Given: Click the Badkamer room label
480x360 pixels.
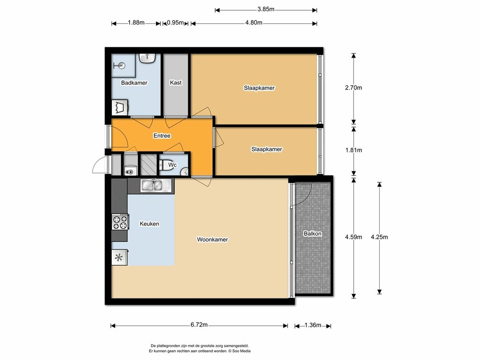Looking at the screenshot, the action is pyautogui.click(x=134, y=82).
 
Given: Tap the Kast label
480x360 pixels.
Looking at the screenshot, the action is pyautogui.click(x=176, y=82).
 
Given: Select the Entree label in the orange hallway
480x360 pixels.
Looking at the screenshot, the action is pyautogui.click(x=162, y=135).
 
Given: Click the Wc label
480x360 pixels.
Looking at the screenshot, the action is pyautogui.click(x=172, y=165).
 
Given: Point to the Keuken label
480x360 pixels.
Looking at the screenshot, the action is pyautogui.click(x=150, y=224).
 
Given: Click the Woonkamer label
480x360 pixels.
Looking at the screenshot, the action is pyautogui.click(x=212, y=240).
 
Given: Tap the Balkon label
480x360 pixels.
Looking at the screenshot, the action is pyautogui.click(x=313, y=233).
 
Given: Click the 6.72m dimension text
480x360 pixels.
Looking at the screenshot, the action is pyautogui.click(x=199, y=325).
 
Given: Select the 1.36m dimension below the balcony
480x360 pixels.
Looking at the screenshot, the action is pyautogui.click(x=313, y=325).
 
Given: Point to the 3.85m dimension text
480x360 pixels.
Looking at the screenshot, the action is pyautogui.click(x=266, y=9).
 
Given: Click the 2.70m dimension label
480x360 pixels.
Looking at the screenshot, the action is pyautogui.click(x=353, y=88).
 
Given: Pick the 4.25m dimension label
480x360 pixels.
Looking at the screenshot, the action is pyautogui.click(x=379, y=237).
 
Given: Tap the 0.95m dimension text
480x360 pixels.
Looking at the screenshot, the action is pyautogui.click(x=175, y=22).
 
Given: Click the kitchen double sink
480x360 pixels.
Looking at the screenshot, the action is pyautogui.click(x=155, y=185).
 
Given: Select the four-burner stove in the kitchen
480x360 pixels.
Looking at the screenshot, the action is pyautogui.click(x=120, y=222).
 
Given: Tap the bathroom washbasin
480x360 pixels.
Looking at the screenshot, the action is pyautogui.click(x=148, y=58).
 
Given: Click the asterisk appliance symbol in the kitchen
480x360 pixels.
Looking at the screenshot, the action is pyautogui.click(x=119, y=257).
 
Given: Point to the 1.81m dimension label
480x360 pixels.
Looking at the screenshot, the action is pyautogui.click(x=353, y=150).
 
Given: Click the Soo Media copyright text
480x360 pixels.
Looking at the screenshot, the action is pyautogui.click(x=240, y=351).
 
